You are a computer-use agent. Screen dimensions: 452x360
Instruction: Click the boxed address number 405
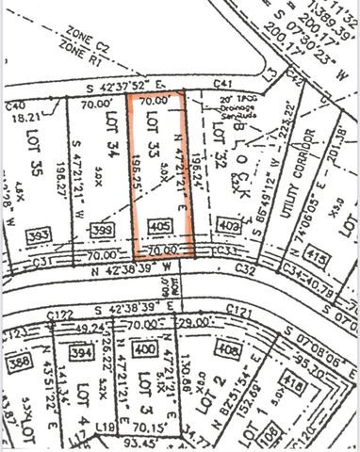point(159,227)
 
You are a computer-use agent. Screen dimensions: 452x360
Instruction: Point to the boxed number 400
point(144,349)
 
